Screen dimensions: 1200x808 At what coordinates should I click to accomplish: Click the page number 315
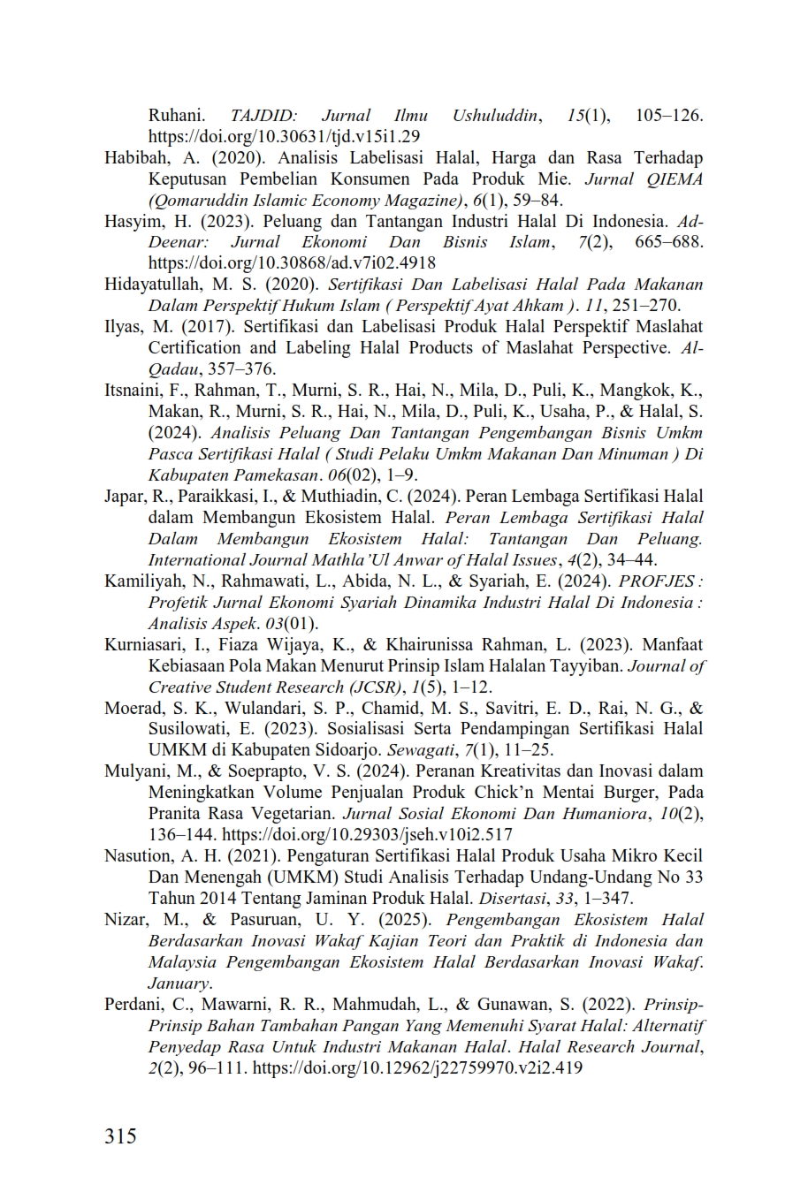point(120,1135)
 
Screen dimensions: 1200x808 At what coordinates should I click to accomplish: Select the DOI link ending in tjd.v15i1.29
point(284,137)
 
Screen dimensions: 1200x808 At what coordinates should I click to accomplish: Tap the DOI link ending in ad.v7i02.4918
point(292,263)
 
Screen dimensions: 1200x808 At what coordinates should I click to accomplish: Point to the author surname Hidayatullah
point(151,285)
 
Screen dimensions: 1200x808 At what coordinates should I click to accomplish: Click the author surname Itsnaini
point(132,391)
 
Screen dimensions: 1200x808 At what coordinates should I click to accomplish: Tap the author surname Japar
point(122,497)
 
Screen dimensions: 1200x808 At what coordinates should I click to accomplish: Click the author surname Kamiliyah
point(141,581)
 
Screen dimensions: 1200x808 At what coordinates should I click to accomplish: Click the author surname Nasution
point(137,856)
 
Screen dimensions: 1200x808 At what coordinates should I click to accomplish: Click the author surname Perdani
point(133,1005)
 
